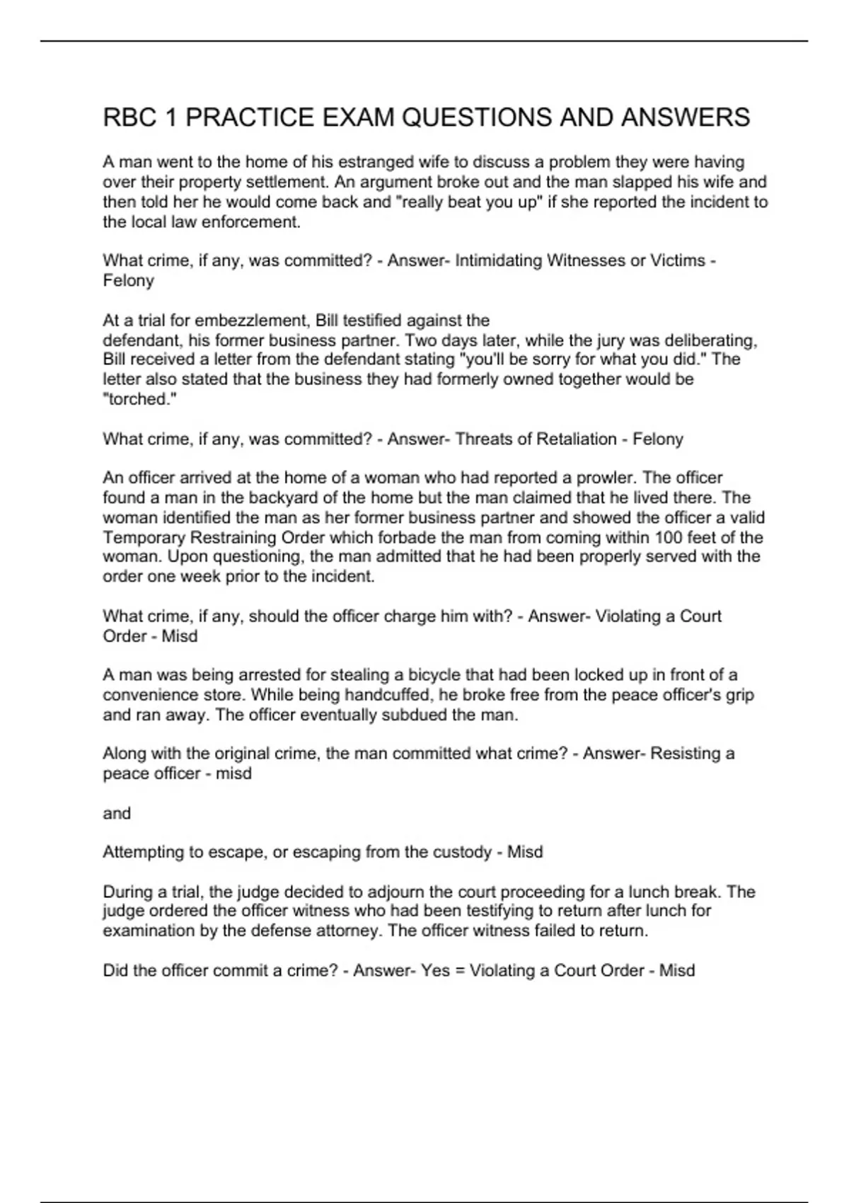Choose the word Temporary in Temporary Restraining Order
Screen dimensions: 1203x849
142,538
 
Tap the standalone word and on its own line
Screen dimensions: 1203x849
117,814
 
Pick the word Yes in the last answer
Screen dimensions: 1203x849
435,970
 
